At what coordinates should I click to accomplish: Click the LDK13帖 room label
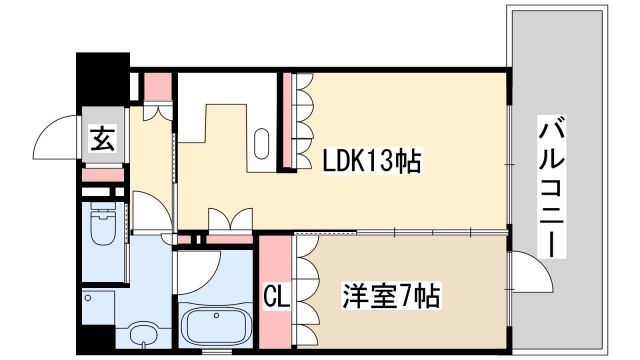(x=370, y=161)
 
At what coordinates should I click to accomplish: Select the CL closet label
(x=276, y=296)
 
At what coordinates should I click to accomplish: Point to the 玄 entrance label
(x=103, y=139)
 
